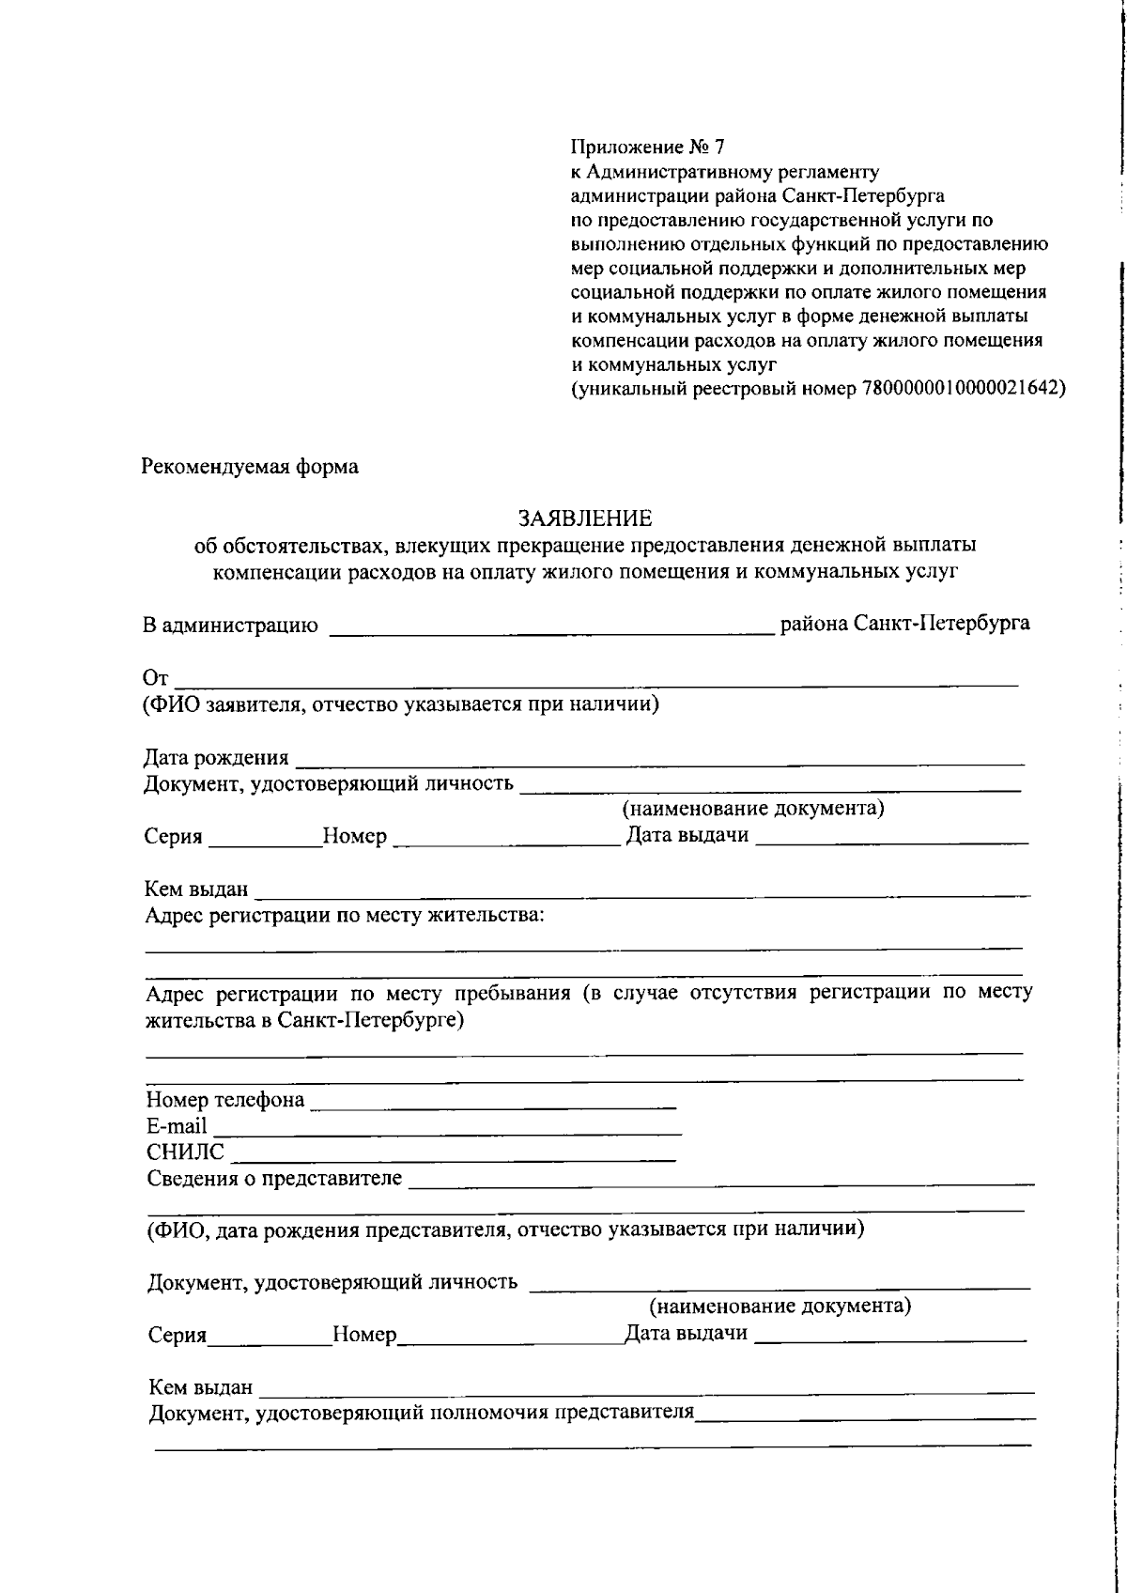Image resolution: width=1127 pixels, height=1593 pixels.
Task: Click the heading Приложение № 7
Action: [x=647, y=147]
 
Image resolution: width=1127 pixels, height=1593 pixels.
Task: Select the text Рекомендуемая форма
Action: [x=250, y=467]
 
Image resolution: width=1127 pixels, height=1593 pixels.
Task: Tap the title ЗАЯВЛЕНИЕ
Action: [x=585, y=518]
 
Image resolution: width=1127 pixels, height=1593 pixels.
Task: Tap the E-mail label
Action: [x=177, y=1126]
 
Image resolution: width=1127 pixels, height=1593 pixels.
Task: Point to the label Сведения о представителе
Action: [x=274, y=1179]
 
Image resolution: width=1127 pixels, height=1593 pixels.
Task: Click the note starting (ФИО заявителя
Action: [x=401, y=704]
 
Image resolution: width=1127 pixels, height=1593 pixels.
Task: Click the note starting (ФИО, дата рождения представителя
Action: [x=505, y=1230]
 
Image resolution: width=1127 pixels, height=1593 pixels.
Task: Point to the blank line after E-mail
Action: [x=446, y=1133]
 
